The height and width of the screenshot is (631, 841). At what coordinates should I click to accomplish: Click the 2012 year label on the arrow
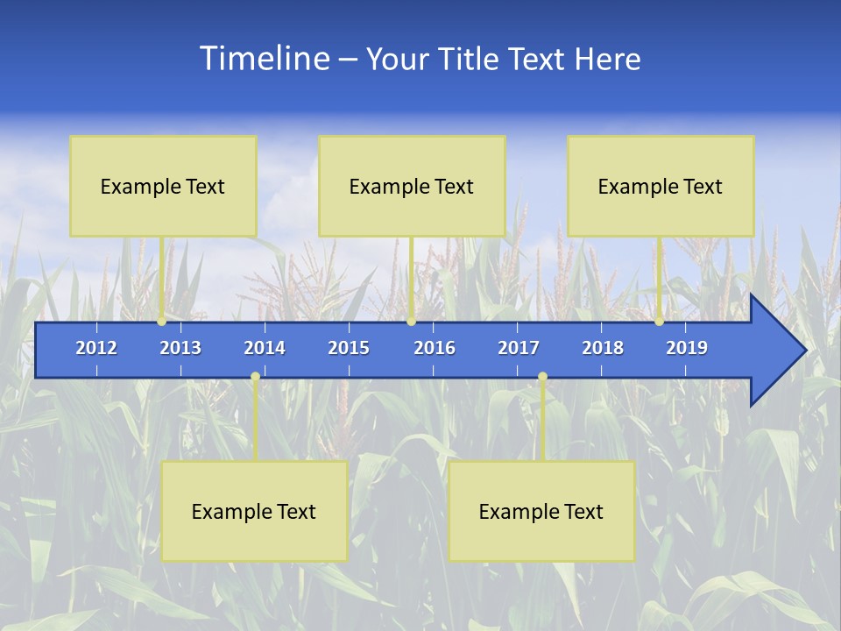tap(96, 348)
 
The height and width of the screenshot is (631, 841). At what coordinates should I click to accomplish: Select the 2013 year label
tap(180, 348)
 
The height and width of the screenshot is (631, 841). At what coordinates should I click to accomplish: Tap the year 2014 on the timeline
tap(265, 348)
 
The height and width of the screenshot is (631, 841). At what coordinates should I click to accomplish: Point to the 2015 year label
tap(349, 348)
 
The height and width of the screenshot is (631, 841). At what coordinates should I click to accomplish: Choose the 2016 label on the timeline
tap(435, 348)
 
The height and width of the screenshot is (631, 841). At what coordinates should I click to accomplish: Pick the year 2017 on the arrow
tap(519, 348)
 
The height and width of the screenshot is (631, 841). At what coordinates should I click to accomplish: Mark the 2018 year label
tap(603, 348)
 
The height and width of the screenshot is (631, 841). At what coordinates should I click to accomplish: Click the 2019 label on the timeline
tap(687, 348)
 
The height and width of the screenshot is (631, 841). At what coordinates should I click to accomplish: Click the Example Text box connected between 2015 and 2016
tap(412, 186)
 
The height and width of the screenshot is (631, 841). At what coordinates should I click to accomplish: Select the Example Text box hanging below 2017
tap(541, 511)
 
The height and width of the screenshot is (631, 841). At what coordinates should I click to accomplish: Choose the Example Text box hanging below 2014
tap(254, 511)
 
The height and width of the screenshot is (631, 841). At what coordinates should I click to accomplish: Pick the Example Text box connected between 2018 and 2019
tap(661, 186)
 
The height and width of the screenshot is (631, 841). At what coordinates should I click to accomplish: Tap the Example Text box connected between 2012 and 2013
tap(163, 186)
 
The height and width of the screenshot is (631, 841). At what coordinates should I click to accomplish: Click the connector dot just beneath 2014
tap(255, 377)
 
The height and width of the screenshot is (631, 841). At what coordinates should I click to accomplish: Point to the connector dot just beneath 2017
tap(542, 377)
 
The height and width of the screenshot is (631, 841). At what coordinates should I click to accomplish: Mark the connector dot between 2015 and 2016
tap(411, 322)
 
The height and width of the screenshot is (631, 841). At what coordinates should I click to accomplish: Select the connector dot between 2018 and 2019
tap(659, 322)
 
